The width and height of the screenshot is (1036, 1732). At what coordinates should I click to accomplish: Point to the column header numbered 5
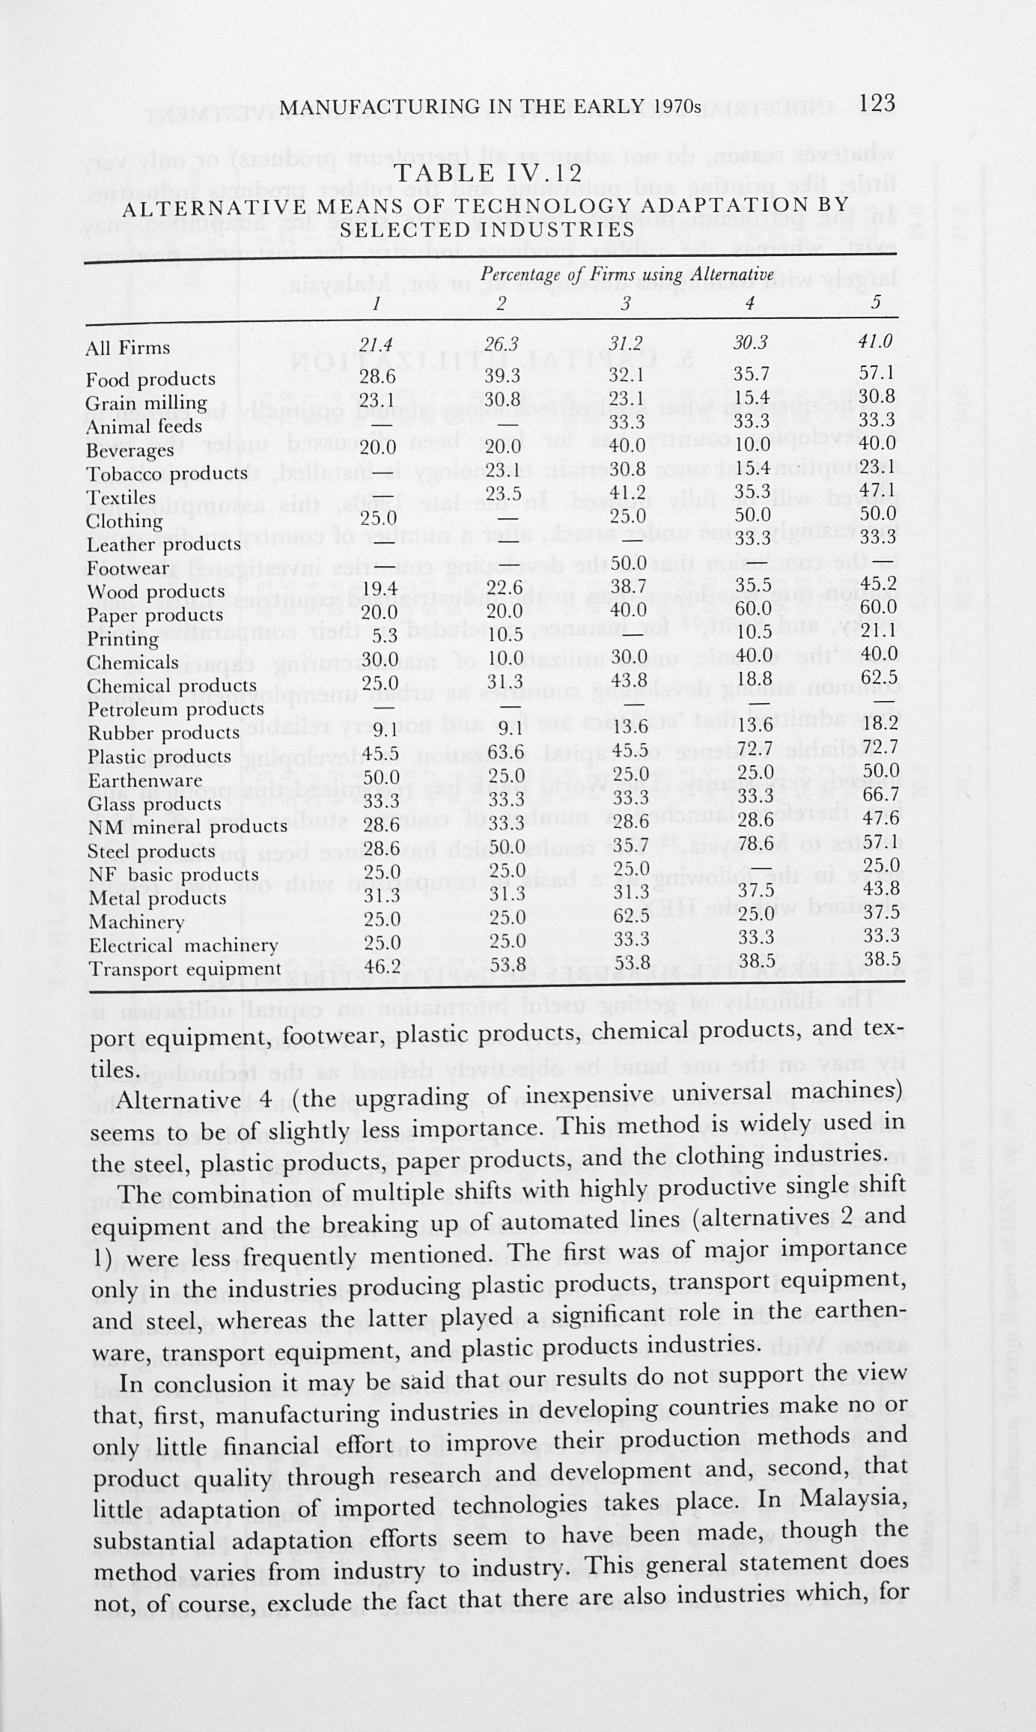click(x=876, y=303)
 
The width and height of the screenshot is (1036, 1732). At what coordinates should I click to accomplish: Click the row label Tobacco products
click(x=167, y=474)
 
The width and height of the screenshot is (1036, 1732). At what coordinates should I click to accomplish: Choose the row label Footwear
click(x=128, y=568)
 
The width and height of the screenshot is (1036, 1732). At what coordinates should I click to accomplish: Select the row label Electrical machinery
click(x=183, y=946)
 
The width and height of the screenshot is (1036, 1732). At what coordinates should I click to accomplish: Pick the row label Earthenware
click(x=144, y=780)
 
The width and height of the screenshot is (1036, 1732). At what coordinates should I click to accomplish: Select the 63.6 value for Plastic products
click(x=502, y=751)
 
